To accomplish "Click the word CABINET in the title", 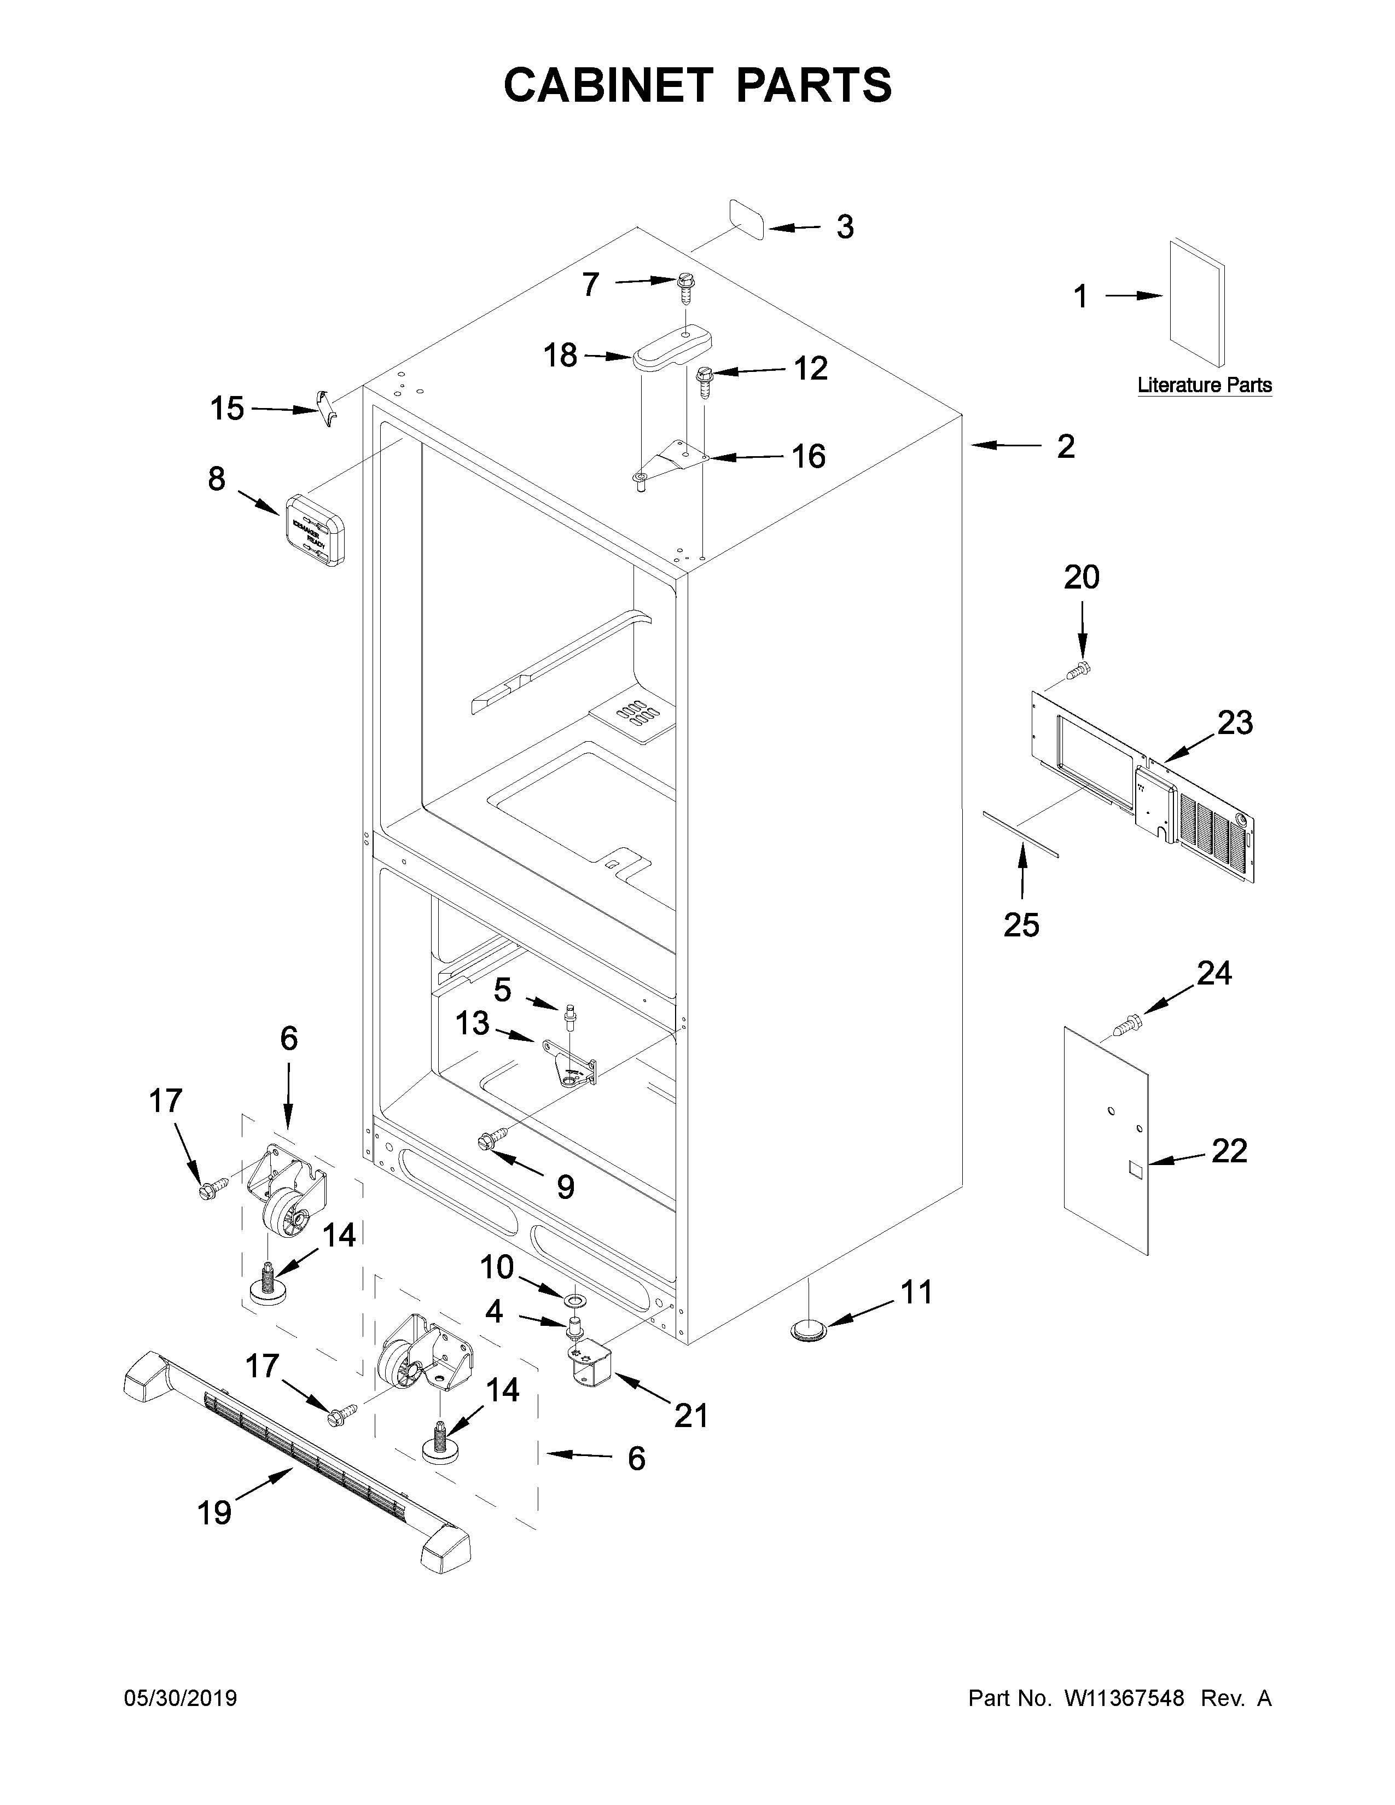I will tap(607, 85).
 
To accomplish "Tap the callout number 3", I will tap(844, 226).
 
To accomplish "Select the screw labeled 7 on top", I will tap(684, 288).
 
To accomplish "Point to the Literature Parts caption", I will tap(1204, 385).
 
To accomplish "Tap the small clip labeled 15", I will tap(328, 407).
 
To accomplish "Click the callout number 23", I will tap(1235, 723).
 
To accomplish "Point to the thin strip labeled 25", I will tap(1020, 836).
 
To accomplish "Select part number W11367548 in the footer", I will tap(1124, 1698).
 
